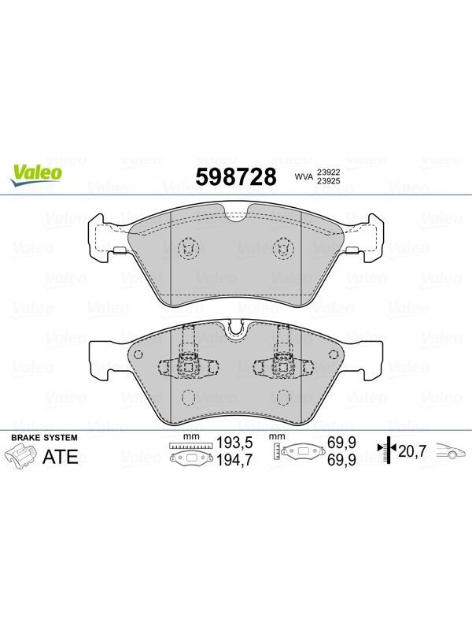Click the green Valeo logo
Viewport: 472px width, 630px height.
pos(36,176)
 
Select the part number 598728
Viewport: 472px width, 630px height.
pos(236,176)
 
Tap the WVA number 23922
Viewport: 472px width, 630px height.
pos(329,172)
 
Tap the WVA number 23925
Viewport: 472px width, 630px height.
pos(329,181)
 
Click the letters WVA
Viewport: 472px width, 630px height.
pos(304,176)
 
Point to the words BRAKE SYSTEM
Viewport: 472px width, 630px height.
pos(44,438)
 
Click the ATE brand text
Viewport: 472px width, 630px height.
pos(61,457)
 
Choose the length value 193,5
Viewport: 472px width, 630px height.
pos(234,443)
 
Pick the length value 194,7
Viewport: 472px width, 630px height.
pos(234,460)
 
